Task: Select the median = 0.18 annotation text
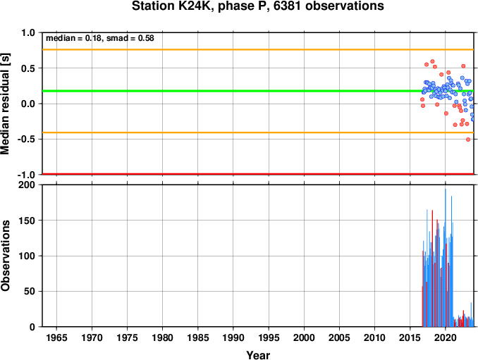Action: click(x=73, y=38)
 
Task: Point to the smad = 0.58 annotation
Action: click(x=130, y=38)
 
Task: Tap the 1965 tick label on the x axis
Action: click(x=56, y=337)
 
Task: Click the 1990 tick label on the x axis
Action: click(x=233, y=337)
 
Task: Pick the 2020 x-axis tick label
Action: click(x=446, y=337)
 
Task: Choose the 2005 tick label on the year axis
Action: click(x=339, y=337)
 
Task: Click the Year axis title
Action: click(x=258, y=355)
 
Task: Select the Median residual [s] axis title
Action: click(x=5, y=104)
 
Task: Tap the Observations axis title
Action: click(x=5, y=256)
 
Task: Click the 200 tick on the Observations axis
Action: click(x=27, y=185)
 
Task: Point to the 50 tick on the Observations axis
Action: click(x=30, y=291)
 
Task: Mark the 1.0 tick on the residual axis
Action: click(x=28, y=32)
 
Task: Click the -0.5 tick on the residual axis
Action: click(x=26, y=139)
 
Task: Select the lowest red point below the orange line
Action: click(x=468, y=139)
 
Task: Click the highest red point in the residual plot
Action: click(x=432, y=61)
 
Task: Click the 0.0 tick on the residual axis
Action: click(x=28, y=104)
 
